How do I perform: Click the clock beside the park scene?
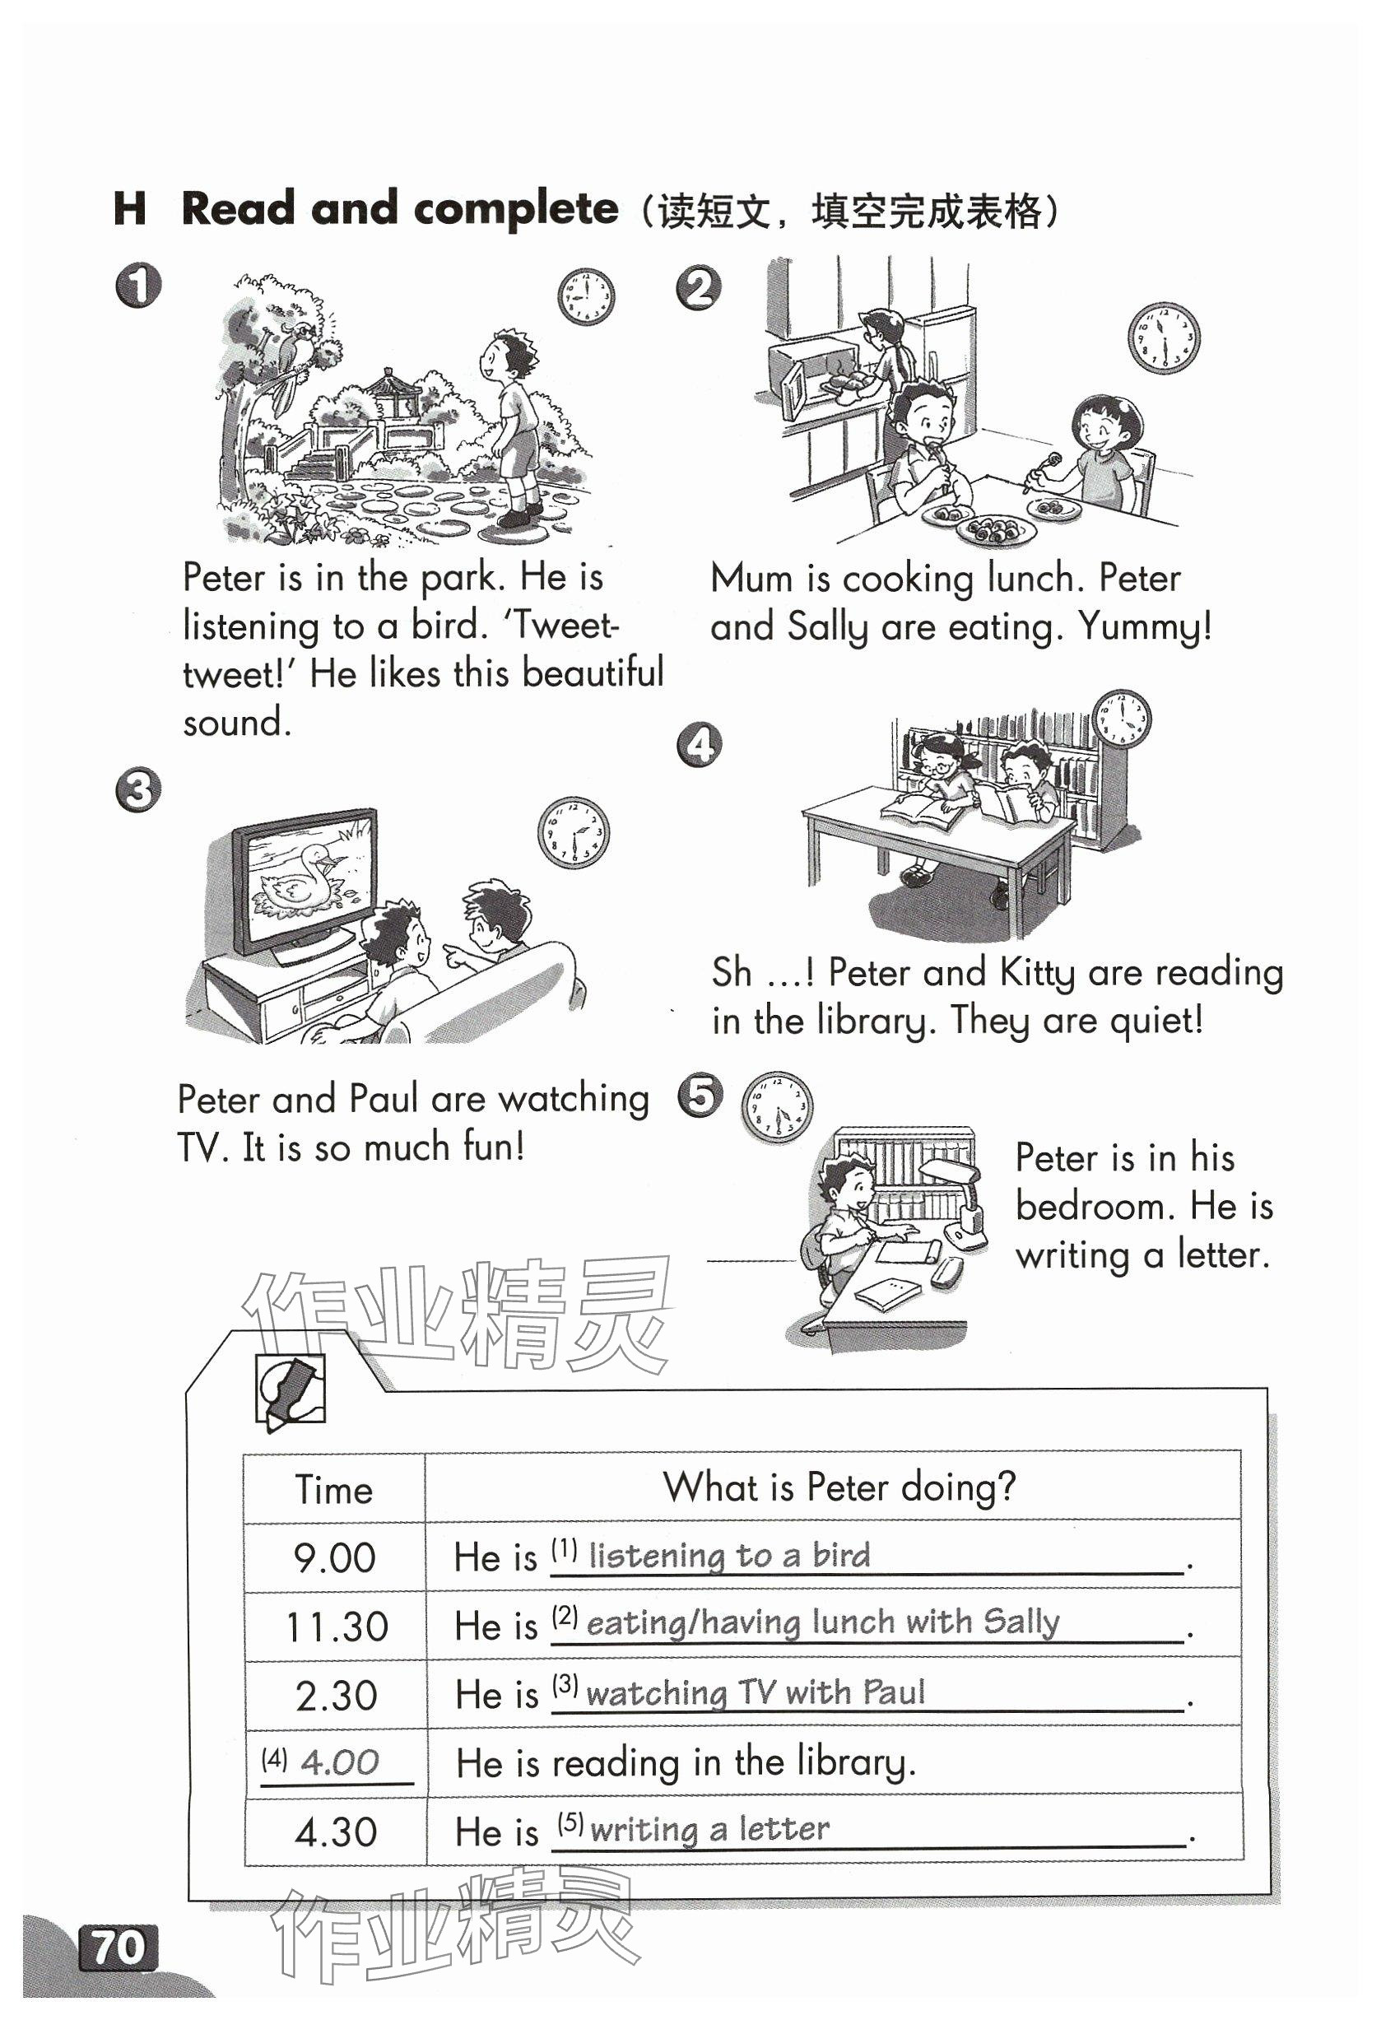coord(586,296)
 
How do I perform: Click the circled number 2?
coord(698,288)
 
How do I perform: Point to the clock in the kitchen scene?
coord(1163,338)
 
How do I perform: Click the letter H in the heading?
coord(129,209)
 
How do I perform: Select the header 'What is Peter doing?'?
coord(839,1487)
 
